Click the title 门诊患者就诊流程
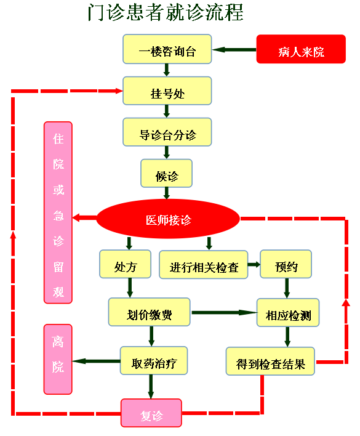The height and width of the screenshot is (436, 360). coord(166,12)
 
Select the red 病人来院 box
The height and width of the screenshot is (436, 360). coord(301,49)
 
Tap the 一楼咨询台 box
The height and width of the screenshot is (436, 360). coord(167,49)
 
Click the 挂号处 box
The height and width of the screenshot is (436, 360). coord(167,91)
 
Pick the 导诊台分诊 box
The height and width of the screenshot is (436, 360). coord(167,132)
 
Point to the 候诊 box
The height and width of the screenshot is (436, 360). coord(166,173)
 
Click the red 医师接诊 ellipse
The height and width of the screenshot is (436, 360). coord(168,219)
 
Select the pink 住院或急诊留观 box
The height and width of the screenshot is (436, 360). coord(58,212)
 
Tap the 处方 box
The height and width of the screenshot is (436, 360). coord(126,264)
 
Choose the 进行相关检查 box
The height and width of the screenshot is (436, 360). coord(203,264)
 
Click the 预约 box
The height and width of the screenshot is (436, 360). coord(286,264)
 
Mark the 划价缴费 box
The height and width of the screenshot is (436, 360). coord(149,312)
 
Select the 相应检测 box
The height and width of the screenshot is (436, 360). coord(288,313)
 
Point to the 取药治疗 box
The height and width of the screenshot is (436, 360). coord(154,361)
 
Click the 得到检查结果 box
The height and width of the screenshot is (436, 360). coord(270,361)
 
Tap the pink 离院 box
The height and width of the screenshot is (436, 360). coord(58,359)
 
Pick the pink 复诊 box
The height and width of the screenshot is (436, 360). coord(151,413)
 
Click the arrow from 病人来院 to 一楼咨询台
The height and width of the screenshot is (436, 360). coord(234,50)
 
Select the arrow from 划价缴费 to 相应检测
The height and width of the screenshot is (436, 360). coord(224,313)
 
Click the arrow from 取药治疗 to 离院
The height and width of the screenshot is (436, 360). coord(96,361)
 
